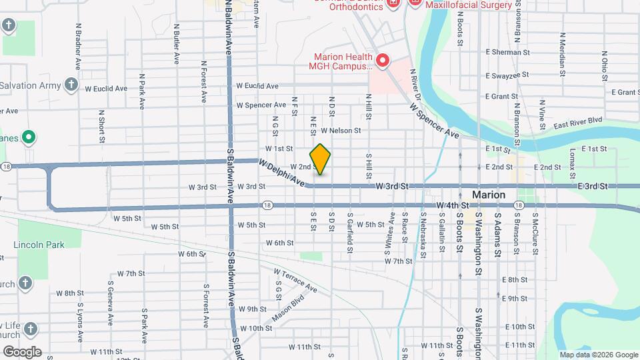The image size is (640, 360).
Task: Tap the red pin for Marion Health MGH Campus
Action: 383,61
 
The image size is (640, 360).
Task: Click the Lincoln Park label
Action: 39,245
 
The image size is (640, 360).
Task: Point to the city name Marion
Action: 489,195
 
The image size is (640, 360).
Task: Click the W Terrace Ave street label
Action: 296,280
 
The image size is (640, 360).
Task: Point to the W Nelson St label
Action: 340,131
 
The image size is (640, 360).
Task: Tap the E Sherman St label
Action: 507,51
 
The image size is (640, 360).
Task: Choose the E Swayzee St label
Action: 511,75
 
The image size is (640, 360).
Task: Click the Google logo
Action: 21,351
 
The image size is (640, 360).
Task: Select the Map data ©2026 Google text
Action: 598,355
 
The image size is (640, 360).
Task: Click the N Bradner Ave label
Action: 79,47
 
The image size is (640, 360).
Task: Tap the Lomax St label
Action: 573,159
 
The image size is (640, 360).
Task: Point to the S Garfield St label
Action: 349,233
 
